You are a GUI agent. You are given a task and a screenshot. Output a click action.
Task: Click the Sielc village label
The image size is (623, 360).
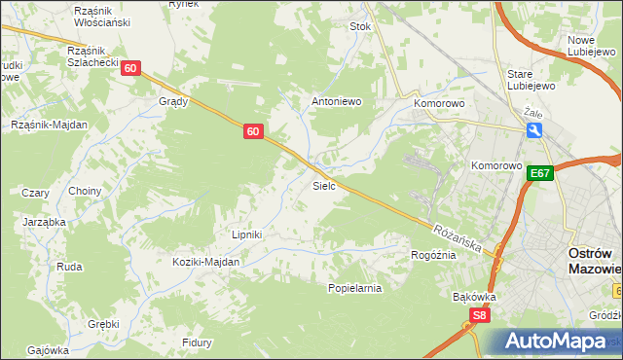[324, 185]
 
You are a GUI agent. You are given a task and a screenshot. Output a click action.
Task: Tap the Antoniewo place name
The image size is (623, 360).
[336, 101]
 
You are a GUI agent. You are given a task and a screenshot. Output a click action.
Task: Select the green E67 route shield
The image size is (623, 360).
[542, 174]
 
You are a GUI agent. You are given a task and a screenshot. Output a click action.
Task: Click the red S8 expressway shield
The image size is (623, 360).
[478, 315]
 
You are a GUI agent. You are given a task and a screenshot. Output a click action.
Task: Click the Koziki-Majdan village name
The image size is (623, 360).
[205, 262]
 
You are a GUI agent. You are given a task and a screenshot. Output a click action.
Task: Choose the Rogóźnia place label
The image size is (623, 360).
[433, 255]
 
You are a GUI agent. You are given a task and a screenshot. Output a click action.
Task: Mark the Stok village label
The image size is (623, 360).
[361, 27]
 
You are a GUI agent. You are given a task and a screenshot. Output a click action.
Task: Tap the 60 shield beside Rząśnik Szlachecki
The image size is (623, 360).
[131, 68]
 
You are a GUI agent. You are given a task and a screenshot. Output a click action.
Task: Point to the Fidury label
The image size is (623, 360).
[198, 342]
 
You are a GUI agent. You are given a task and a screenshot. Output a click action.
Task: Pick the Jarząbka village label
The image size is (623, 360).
[44, 222]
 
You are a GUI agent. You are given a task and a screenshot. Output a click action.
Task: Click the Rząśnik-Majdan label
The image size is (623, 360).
[49, 125]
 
